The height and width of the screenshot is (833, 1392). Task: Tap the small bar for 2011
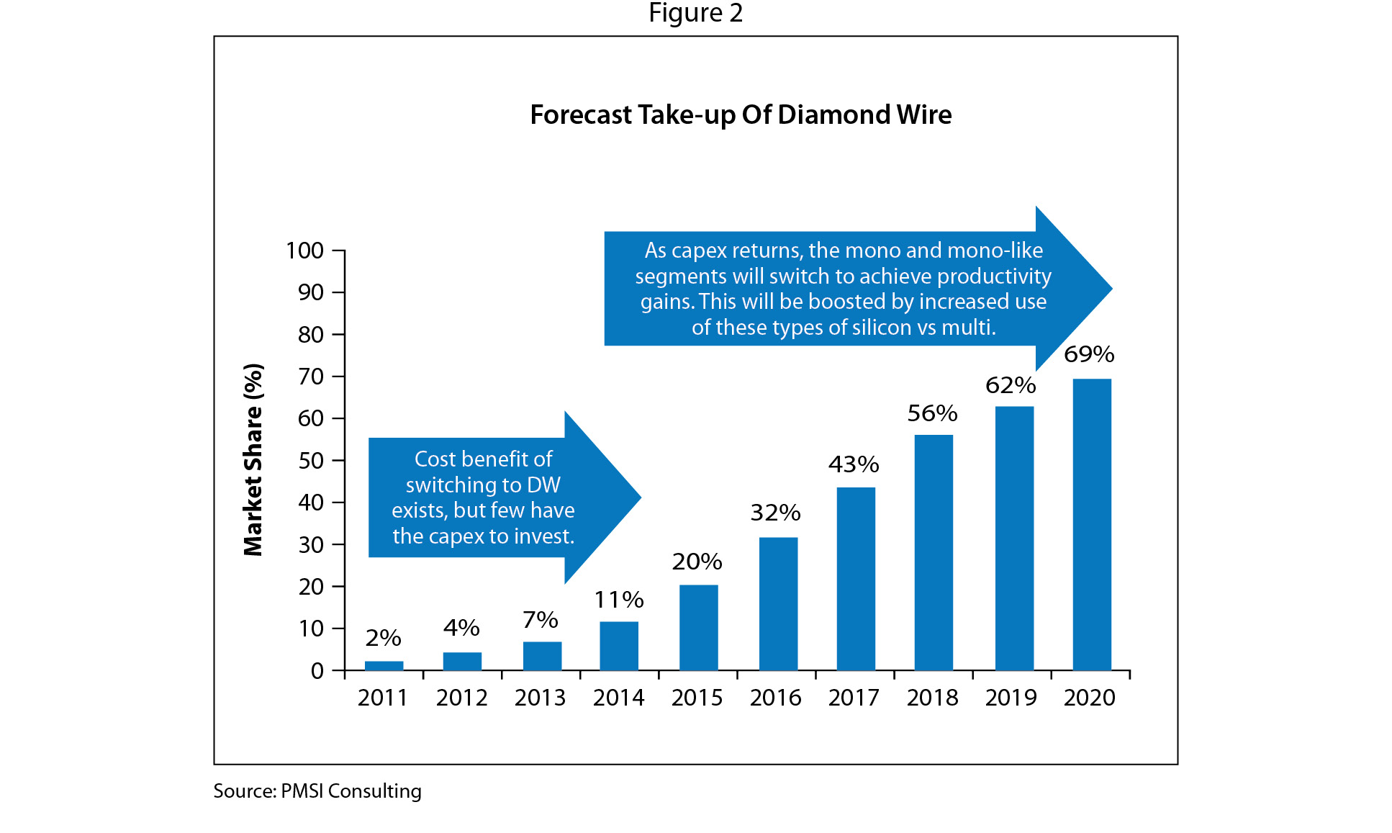(384, 665)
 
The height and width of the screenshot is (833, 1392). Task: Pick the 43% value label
(854, 464)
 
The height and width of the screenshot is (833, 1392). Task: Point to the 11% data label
(619, 599)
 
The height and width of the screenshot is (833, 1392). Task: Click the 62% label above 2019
(1011, 385)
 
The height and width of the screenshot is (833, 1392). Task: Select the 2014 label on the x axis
(619, 698)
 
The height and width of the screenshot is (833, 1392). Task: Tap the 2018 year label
(932, 698)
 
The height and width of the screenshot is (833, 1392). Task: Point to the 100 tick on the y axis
(304, 251)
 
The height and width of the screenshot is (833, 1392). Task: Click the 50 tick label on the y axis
(311, 461)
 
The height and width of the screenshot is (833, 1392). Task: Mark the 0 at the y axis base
(317, 671)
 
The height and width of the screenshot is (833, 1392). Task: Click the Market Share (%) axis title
(253, 460)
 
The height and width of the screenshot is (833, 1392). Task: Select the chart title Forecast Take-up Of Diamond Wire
(741, 115)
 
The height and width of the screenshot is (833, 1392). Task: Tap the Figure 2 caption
(695, 13)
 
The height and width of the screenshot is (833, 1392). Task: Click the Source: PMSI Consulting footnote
(317, 791)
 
